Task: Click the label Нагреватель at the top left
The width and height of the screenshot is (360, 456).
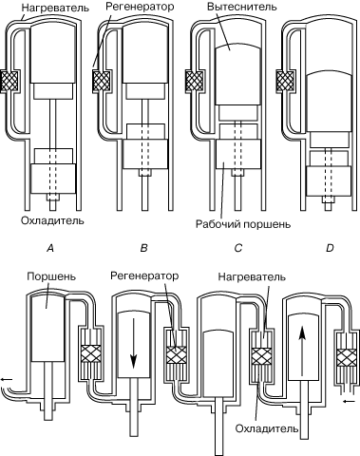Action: (55, 8)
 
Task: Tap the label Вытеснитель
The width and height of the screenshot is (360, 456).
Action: (242, 7)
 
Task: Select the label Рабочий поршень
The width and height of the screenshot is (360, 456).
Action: (243, 224)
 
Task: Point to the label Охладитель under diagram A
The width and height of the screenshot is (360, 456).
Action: (52, 220)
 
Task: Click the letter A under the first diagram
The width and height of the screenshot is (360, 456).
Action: (50, 248)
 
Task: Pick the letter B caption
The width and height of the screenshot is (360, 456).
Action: (143, 248)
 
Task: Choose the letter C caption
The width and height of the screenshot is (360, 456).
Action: (238, 248)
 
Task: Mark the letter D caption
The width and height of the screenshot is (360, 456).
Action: (330, 248)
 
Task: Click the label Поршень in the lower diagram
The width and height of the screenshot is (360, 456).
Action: (51, 276)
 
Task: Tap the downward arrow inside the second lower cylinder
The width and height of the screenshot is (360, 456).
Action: (134, 343)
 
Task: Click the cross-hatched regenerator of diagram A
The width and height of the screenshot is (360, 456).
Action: (9, 81)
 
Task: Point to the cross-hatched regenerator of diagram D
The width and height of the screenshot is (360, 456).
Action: (285, 81)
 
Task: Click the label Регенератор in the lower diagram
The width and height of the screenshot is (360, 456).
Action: (144, 275)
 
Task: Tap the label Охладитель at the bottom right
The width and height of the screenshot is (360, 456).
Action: (267, 428)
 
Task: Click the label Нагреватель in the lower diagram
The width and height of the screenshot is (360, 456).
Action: (252, 276)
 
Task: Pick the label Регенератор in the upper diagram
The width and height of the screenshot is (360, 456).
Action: (140, 7)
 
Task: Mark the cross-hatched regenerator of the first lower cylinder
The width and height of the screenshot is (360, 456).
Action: (91, 354)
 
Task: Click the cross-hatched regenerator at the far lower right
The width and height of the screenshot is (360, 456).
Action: (347, 357)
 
